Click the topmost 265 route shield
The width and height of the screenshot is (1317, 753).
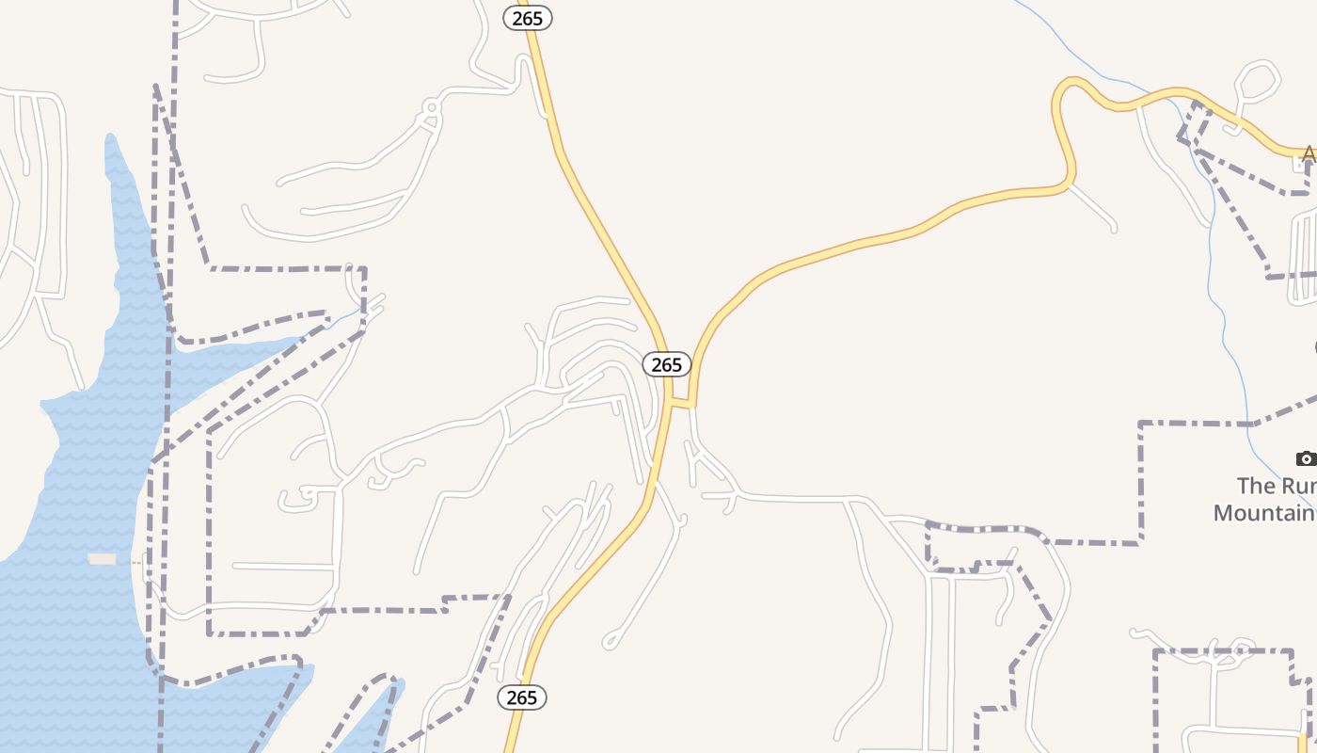(528, 18)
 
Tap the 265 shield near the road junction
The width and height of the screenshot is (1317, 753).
(666, 364)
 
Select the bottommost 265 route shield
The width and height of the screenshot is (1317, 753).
(521, 697)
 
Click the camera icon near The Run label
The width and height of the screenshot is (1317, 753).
(1306, 459)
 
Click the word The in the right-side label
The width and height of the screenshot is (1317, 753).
(1253, 486)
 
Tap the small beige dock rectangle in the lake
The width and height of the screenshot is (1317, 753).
(102, 559)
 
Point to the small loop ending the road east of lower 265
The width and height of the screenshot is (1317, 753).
(611, 643)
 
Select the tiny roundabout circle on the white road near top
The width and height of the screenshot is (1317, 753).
(432, 107)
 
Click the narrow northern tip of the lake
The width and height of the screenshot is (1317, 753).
(112, 141)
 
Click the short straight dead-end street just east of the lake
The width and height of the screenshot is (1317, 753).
(282, 566)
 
